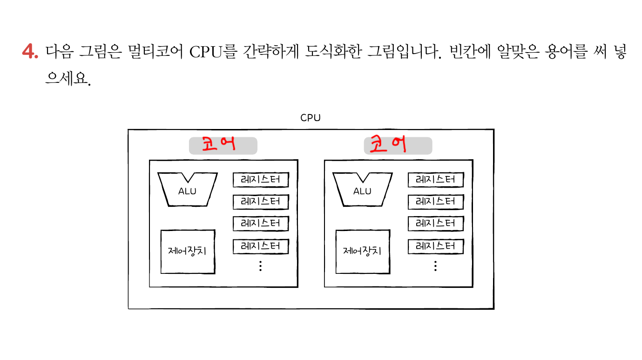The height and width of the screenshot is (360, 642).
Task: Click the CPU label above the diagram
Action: tap(311, 118)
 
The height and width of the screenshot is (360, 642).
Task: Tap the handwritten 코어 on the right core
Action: tap(387, 144)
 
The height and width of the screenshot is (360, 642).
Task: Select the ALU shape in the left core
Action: tap(188, 190)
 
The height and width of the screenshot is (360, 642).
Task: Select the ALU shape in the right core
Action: tap(362, 190)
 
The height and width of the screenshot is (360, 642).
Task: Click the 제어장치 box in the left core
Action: tap(188, 251)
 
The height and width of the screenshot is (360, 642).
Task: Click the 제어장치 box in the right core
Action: tap(362, 251)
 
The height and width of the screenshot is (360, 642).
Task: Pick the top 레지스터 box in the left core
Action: tap(261, 179)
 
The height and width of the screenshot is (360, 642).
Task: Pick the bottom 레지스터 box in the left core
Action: tap(261, 246)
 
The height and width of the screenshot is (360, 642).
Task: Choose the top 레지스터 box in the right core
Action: tap(435, 179)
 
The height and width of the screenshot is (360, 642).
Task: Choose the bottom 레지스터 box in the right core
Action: tap(435, 246)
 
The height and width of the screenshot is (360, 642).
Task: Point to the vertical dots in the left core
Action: tap(260, 266)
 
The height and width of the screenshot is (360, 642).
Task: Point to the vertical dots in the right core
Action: tap(435, 266)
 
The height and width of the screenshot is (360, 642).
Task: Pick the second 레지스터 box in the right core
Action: tap(435, 202)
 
